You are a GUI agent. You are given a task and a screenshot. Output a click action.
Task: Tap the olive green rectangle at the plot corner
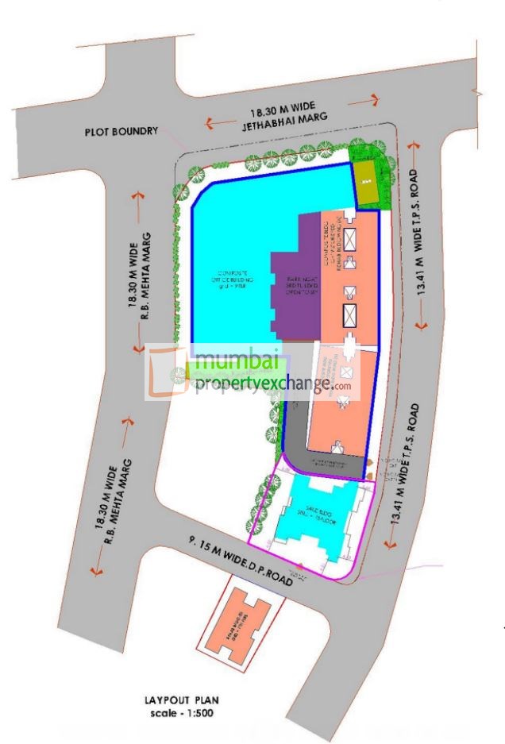click(365, 183)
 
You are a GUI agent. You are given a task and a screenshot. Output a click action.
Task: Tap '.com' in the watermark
click(342, 387)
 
